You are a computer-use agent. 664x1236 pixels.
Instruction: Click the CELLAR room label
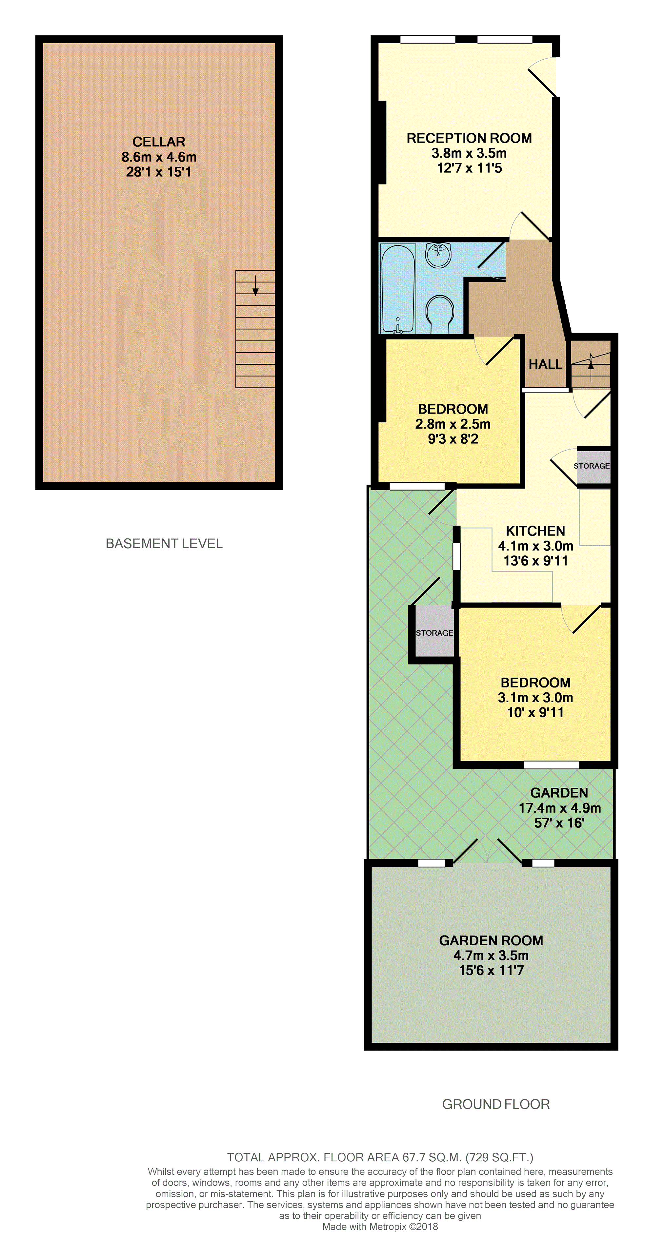click(x=159, y=142)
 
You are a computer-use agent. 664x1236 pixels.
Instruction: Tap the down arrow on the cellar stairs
click(x=255, y=285)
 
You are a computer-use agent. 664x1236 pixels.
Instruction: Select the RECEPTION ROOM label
click(x=469, y=138)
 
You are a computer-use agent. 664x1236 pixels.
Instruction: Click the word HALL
click(x=545, y=365)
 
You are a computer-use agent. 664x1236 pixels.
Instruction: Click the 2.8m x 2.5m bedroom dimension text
click(x=453, y=424)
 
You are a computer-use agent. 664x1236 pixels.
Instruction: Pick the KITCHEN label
click(x=535, y=531)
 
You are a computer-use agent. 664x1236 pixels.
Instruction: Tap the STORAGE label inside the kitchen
click(x=592, y=466)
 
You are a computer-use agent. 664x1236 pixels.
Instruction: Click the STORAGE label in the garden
click(x=434, y=633)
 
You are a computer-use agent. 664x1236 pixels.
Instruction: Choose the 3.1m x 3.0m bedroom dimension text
click(x=535, y=698)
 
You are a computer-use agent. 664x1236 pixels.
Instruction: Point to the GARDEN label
click(x=559, y=793)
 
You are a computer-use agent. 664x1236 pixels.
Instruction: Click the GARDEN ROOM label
click(x=491, y=940)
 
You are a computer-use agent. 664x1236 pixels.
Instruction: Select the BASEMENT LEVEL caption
click(x=164, y=544)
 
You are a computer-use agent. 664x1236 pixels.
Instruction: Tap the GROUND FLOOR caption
click(x=496, y=1104)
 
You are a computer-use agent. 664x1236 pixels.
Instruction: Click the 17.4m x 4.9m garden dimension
click(x=560, y=808)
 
